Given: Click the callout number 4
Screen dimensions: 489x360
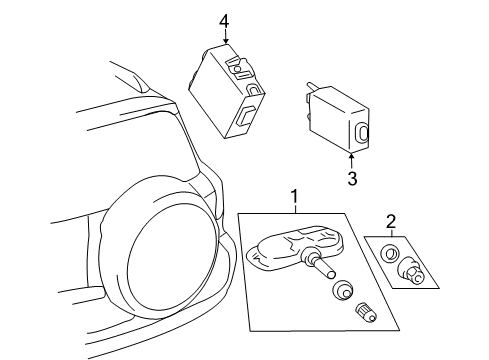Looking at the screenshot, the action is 224,22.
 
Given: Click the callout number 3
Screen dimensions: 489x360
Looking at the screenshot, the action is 352,178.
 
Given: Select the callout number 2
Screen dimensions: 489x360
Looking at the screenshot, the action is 390,221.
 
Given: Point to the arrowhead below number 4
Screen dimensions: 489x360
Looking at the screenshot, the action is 226,41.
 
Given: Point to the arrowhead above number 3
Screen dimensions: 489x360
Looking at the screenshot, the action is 351,155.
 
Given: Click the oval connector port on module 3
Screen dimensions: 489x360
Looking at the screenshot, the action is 361,133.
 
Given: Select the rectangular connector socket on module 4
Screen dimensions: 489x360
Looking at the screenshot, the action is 246,116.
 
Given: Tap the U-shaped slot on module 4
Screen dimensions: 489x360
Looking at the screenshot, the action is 254,90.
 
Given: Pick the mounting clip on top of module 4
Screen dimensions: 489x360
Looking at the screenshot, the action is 239,68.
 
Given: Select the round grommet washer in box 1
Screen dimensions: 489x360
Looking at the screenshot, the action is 342,290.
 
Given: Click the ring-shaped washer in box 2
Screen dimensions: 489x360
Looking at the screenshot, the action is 389,253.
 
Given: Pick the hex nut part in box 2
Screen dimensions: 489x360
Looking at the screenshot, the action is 412,271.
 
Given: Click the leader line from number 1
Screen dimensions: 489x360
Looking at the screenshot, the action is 295,209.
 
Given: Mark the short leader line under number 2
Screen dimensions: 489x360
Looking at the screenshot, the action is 391,233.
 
